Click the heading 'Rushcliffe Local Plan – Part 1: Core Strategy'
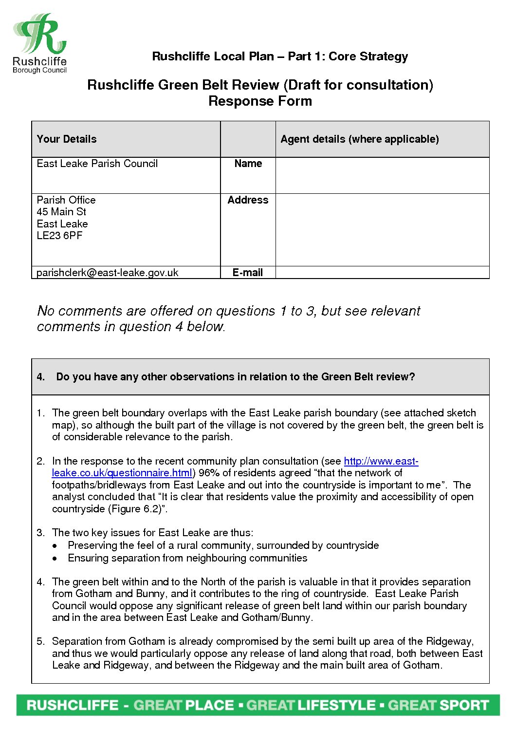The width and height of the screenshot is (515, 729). click(x=280, y=56)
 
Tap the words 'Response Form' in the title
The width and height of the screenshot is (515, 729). click(x=260, y=101)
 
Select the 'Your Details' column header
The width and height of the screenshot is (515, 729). click(x=67, y=139)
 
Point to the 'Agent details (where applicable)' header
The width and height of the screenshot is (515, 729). click(x=360, y=139)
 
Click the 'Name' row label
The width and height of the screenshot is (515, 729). click(x=248, y=164)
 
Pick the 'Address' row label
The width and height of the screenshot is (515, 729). click(x=248, y=200)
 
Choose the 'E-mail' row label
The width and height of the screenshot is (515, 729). click(x=248, y=273)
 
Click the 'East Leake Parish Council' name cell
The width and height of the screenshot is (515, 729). click(x=97, y=164)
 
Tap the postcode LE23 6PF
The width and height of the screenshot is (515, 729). click(x=60, y=236)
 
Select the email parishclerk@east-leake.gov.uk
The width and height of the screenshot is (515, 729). click(x=108, y=273)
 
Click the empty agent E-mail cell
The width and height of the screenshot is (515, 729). click(x=382, y=273)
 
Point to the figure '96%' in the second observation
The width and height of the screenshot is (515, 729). click(x=209, y=473)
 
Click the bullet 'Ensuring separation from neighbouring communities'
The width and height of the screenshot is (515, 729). click(x=187, y=558)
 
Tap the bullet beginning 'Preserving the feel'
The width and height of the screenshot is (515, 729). click(x=223, y=545)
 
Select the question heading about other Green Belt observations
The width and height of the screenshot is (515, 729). click(x=235, y=377)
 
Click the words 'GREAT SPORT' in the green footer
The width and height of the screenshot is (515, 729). click(x=438, y=706)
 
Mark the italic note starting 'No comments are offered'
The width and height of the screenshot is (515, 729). click(x=228, y=318)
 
